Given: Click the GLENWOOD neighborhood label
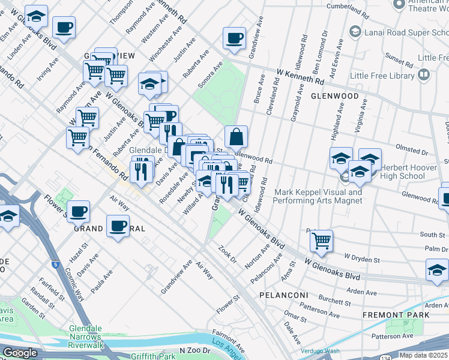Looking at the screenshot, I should (x=334, y=96).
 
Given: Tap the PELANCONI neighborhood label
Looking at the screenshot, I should (x=283, y=296).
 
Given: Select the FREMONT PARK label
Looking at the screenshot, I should (x=396, y=314).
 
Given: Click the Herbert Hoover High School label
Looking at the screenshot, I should (x=411, y=172).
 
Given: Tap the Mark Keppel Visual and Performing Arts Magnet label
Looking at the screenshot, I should (x=318, y=196).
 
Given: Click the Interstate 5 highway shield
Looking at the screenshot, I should (x=56, y=263).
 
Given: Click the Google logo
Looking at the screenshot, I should (x=20, y=353).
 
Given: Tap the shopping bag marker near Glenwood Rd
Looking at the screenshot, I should (x=237, y=137).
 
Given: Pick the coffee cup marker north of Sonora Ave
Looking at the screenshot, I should (x=234, y=38).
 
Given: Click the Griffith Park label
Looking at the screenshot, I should (x=155, y=356).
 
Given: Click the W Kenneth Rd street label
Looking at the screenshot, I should (x=300, y=76).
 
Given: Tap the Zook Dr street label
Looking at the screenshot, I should (x=228, y=255).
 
